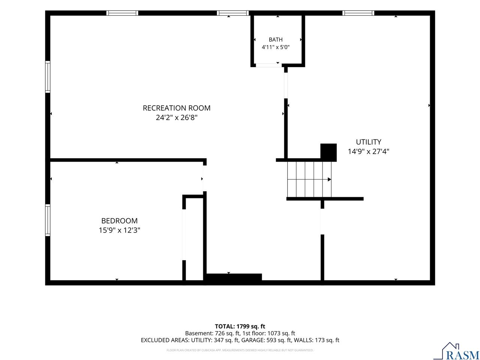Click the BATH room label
[276, 40]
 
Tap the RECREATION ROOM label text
[177, 108]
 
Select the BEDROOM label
[119, 221]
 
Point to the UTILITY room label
[369, 142]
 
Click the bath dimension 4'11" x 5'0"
[276, 47]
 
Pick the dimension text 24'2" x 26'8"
[177, 118]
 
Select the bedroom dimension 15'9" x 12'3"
[119, 230]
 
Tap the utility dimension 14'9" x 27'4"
[369, 151]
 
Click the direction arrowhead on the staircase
[329, 180]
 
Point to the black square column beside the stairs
[328, 152]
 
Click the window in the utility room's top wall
[358, 13]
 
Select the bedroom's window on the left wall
[48, 220]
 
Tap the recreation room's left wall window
[48, 77]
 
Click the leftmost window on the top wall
[122, 13]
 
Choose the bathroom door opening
[269, 65]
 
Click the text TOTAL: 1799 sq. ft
[240, 326]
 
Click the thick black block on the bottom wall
[234, 277]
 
